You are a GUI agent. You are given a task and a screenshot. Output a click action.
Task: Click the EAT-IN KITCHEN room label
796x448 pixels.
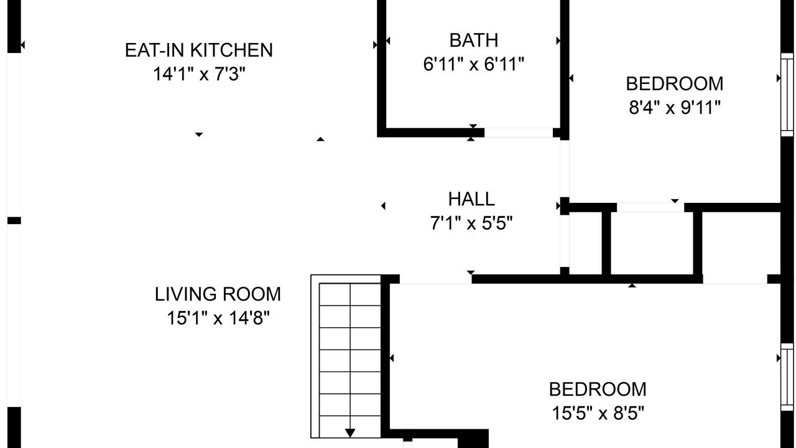(x=198, y=50)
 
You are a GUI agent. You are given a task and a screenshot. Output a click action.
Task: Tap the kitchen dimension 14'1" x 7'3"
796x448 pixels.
(x=199, y=74)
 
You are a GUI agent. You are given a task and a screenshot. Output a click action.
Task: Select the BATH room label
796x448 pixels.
(x=474, y=40)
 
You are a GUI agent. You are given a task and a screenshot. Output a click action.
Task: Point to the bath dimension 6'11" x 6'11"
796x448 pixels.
(x=474, y=64)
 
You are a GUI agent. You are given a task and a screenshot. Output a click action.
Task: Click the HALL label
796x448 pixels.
(x=471, y=199)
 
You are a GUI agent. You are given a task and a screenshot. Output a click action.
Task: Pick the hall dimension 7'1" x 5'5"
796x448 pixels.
(x=471, y=223)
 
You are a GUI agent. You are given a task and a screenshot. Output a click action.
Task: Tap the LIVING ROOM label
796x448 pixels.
(x=218, y=294)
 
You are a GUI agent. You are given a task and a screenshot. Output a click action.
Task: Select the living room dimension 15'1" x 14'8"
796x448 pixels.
(x=218, y=318)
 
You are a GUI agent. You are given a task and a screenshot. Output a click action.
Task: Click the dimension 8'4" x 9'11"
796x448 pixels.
(x=675, y=107)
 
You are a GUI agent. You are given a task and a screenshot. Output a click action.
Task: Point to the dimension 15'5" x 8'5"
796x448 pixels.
(x=598, y=413)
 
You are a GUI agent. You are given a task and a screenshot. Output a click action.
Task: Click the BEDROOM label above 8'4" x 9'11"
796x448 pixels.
(x=675, y=84)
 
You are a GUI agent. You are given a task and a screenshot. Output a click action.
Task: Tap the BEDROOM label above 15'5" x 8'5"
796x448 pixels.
(x=598, y=390)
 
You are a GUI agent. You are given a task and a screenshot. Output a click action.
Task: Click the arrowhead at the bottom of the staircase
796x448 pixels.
(x=350, y=433)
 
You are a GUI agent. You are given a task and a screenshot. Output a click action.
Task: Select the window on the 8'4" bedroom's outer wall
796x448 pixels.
(x=787, y=95)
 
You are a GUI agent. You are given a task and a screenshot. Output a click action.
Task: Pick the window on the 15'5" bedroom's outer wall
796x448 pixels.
(x=787, y=377)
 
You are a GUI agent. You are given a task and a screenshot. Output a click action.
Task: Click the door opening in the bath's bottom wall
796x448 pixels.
(x=519, y=133)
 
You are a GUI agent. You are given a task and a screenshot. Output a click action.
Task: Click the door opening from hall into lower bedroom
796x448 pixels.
(x=436, y=279)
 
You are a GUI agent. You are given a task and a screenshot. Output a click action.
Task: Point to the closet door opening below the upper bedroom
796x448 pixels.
(x=650, y=208)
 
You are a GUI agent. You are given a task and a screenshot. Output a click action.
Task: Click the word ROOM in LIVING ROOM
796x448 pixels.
(x=252, y=294)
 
